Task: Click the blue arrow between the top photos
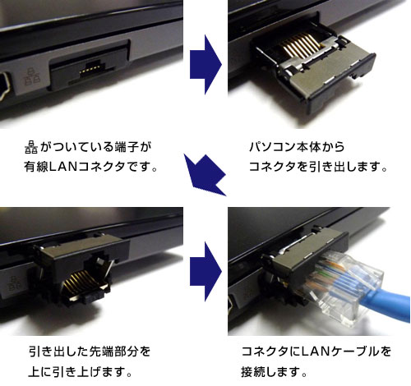click(x=205, y=65)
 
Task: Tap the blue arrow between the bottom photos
click(x=205, y=271)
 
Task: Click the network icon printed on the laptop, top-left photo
click(x=32, y=76)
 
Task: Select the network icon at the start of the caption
click(x=31, y=147)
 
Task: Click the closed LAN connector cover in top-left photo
click(x=89, y=66)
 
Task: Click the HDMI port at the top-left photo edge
click(x=5, y=85)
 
